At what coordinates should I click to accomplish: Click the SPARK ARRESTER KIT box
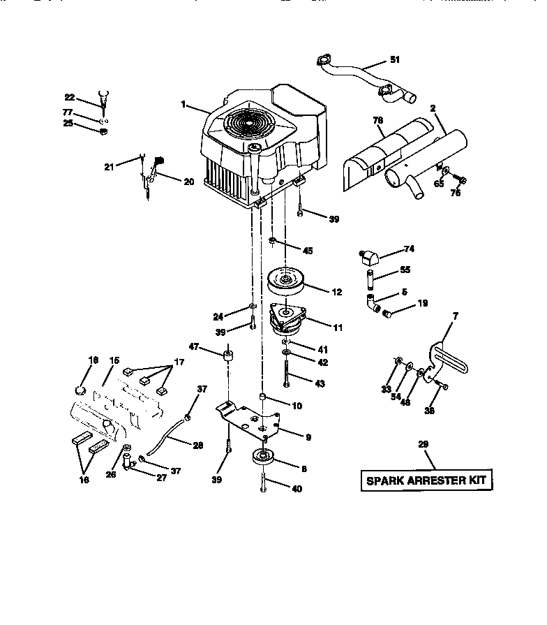[426, 480]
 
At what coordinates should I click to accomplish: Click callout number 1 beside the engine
[183, 105]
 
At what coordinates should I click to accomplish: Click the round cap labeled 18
[80, 389]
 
